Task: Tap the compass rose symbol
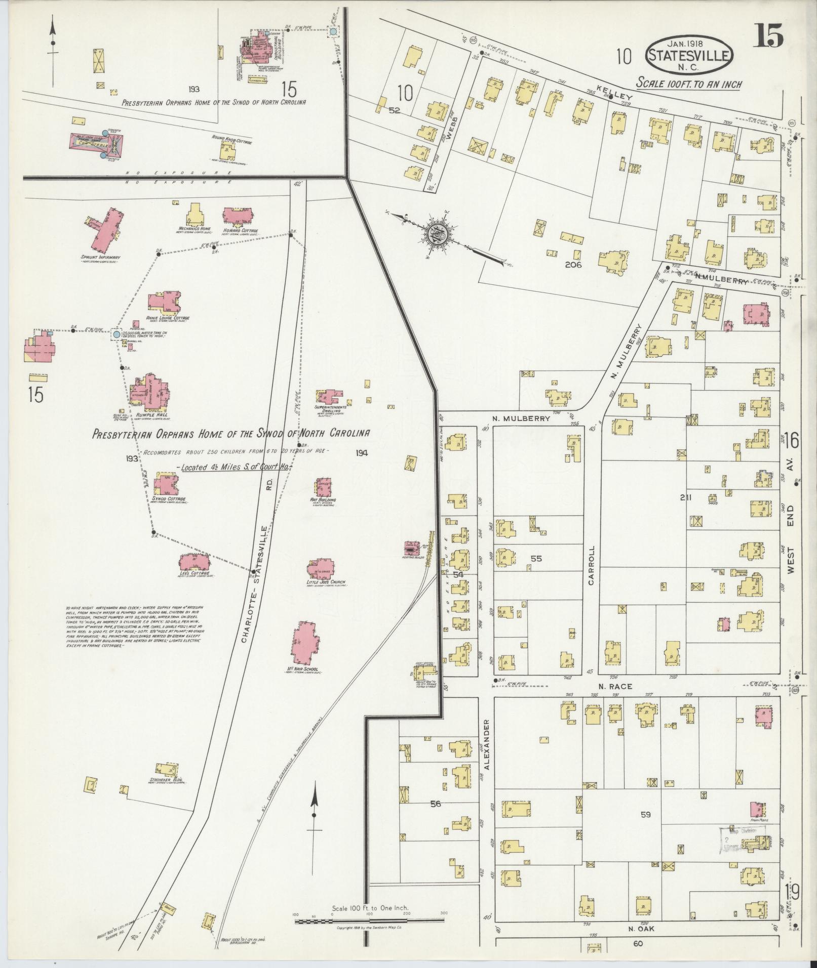point(435,234)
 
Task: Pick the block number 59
point(645,815)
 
